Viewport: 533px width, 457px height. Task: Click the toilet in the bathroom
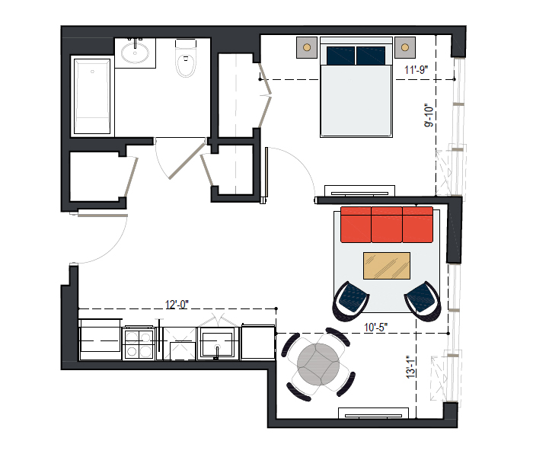point(186,58)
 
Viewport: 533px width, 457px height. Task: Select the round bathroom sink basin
point(135,53)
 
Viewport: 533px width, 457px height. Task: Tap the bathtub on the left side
point(92,97)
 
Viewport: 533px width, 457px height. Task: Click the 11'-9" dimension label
point(416,70)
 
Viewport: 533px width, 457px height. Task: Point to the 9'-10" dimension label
point(429,115)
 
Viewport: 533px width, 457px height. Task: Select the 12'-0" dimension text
point(177,305)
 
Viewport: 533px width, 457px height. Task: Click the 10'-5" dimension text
point(375,327)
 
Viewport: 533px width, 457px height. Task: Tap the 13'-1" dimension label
point(410,367)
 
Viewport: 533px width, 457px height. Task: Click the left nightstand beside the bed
point(307,47)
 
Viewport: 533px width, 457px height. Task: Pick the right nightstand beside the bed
point(405,47)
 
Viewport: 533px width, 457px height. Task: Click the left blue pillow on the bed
point(340,56)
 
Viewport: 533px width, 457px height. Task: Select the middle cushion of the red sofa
point(387,225)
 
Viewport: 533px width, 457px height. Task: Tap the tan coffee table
point(387,266)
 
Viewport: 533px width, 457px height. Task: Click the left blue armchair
point(351,301)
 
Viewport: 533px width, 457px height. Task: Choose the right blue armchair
point(423,301)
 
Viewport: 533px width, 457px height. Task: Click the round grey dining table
point(318,365)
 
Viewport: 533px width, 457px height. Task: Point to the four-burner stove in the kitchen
point(139,344)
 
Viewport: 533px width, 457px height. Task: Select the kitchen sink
point(217,344)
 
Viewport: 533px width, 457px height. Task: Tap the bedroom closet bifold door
point(265,96)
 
